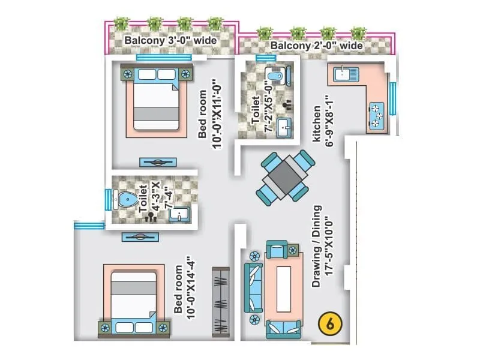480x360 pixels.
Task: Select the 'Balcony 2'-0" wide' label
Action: pos(316,46)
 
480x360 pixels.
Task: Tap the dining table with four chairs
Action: pos(286,176)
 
